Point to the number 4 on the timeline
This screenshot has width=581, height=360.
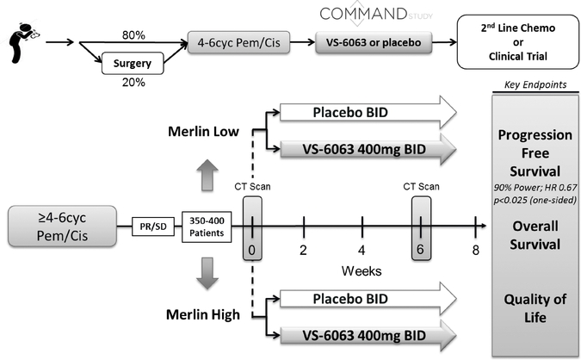[x=362, y=250]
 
